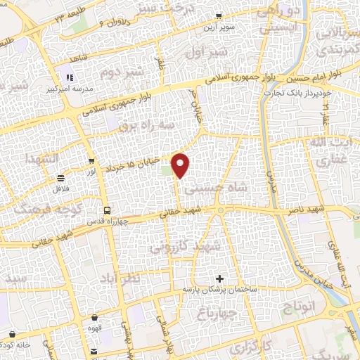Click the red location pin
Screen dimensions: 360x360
181,165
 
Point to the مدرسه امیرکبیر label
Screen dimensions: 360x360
67,89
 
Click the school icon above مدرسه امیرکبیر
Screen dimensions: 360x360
70,78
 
